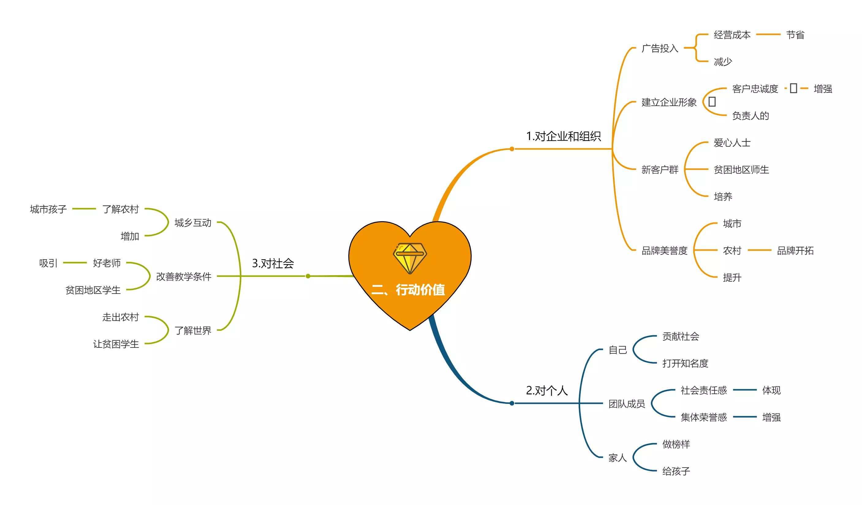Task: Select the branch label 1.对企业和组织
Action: point(563,136)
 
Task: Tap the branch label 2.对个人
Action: point(546,390)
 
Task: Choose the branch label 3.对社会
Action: point(273,263)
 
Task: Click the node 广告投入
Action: point(660,48)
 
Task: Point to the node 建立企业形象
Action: point(669,102)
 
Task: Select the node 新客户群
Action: point(660,169)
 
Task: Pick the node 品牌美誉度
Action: point(664,250)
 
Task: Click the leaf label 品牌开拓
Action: point(795,250)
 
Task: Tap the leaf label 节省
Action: point(795,35)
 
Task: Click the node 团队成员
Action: point(627,404)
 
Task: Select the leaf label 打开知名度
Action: point(685,363)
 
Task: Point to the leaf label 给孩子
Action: point(676,471)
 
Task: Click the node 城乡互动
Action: point(193,223)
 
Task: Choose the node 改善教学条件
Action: point(184,276)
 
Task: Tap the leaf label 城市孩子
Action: point(48,209)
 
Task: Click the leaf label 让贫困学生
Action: point(116,344)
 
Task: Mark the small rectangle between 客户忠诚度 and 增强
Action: point(794,88)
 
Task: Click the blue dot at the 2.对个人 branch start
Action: point(512,403)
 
